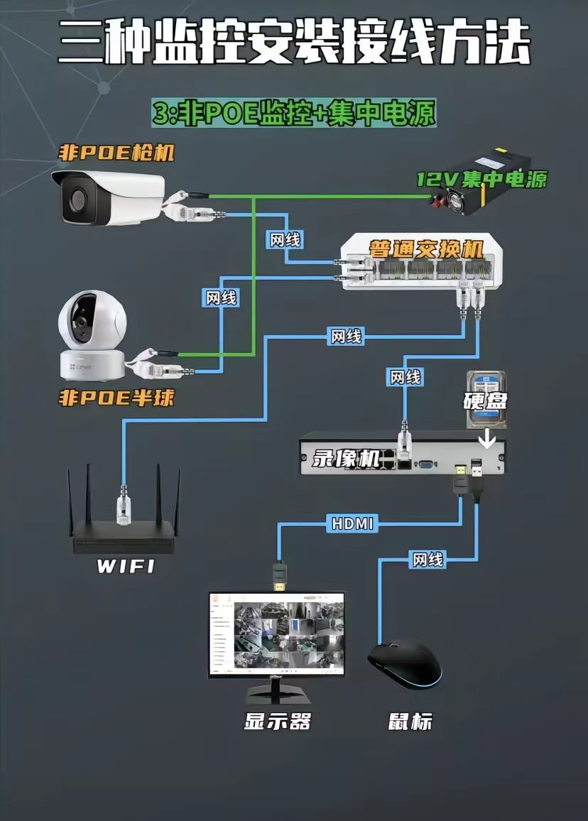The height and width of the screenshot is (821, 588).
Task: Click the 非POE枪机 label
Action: [116, 153]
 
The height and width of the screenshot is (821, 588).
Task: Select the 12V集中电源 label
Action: [481, 179]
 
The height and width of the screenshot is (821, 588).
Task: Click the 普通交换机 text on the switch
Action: [425, 249]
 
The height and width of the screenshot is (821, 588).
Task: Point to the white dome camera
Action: [92, 334]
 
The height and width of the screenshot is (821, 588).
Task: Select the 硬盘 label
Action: [486, 401]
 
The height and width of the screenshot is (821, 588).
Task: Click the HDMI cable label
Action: [353, 524]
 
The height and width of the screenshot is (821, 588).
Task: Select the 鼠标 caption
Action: [410, 722]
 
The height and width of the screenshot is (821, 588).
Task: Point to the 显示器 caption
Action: [278, 722]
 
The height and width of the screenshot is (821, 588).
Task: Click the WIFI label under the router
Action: [125, 567]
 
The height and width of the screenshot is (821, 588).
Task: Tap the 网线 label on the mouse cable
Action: [428, 560]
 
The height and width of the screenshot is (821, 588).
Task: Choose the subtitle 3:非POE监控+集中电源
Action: [293, 113]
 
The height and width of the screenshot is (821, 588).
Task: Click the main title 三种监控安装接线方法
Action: [294, 44]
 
